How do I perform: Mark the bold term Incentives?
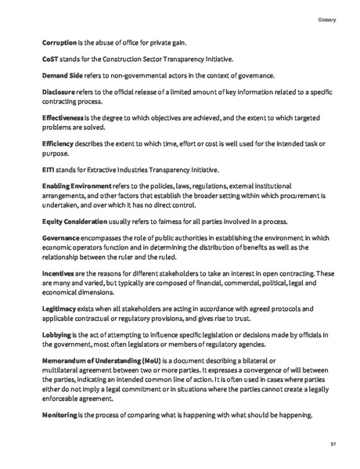(x=58, y=272)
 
